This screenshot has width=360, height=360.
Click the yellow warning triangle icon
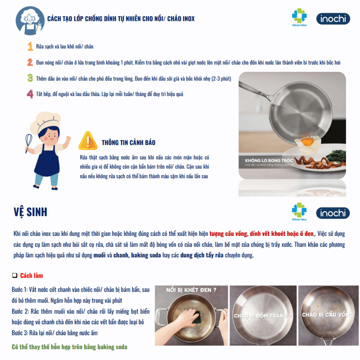coord(88,141)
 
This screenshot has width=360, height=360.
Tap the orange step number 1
coord(30,46)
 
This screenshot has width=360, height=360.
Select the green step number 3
coord(30,78)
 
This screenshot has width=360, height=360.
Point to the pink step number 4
coord(30,94)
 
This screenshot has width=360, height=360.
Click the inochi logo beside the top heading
coord(333,19)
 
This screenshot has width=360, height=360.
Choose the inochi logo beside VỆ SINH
coord(333,213)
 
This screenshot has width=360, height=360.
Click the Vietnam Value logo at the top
coord(300,17)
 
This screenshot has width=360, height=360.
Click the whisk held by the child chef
coord(28,142)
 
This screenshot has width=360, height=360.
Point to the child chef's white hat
coord(45,122)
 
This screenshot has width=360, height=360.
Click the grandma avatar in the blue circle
coord(30,21)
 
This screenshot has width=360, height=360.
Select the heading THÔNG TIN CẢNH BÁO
coord(129,143)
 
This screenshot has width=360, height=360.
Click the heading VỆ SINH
coord(30,212)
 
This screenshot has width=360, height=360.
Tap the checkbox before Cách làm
coord(15,275)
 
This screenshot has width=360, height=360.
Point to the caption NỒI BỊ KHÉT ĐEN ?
coord(191,290)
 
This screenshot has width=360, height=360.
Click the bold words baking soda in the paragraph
coord(146,255)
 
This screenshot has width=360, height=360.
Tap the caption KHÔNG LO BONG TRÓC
coord(269,160)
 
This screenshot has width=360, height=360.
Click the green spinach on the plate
coord(336,156)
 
